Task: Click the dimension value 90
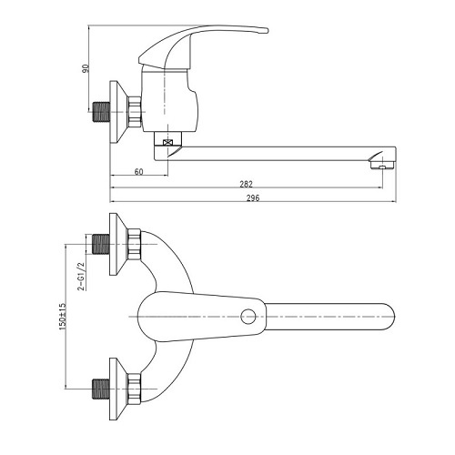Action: (x=86, y=68)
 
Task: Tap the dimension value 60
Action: (x=138, y=172)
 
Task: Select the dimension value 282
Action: (x=246, y=184)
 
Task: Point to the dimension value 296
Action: (x=253, y=198)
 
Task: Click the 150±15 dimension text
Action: (x=63, y=317)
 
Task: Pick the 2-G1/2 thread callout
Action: (x=81, y=277)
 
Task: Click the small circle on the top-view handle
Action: (x=248, y=317)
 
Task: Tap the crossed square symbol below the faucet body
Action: (x=167, y=142)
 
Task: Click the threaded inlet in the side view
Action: (x=101, y=112)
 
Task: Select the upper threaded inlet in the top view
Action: (x=100, y=244)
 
